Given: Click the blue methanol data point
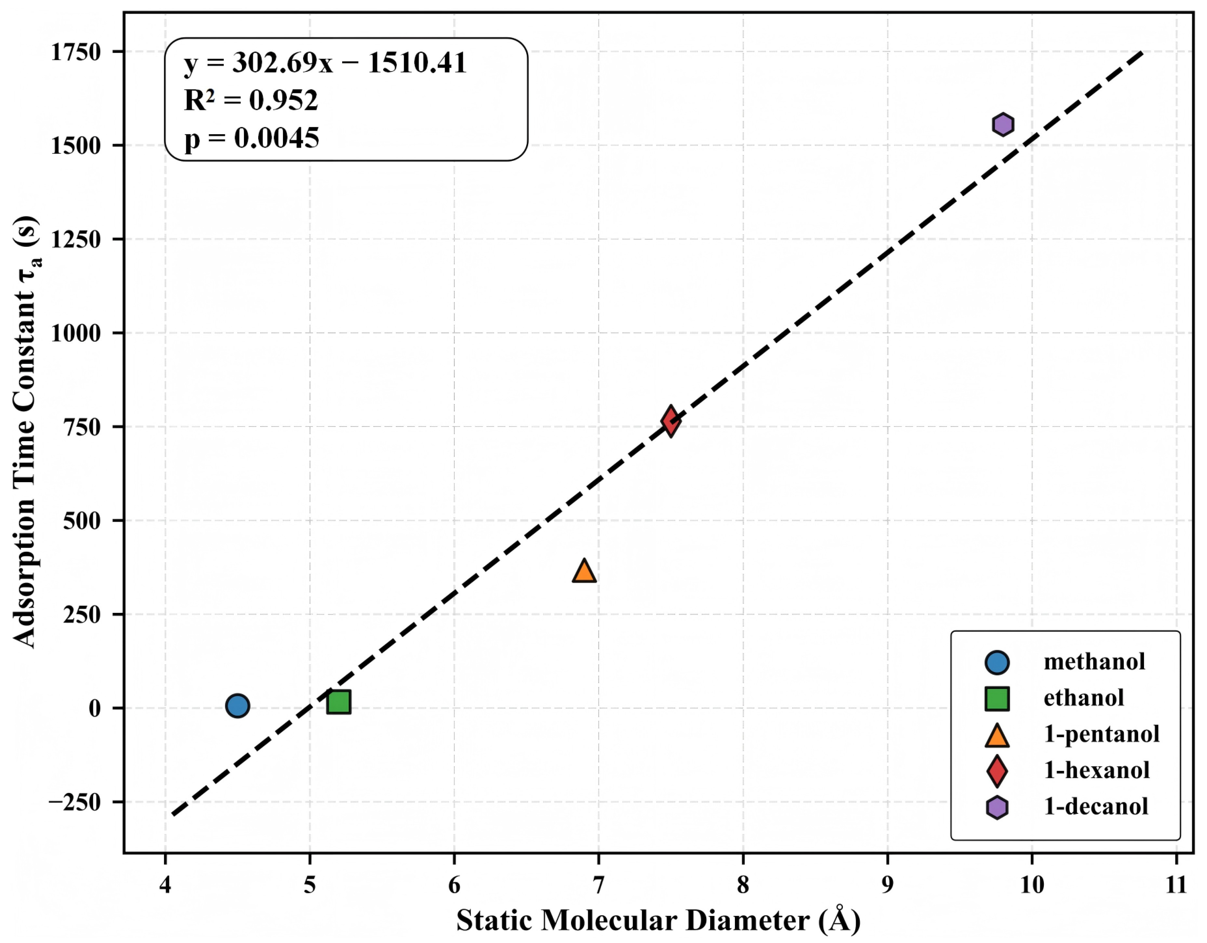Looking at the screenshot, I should [237, 706].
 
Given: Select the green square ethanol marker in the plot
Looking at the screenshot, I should [338, 702].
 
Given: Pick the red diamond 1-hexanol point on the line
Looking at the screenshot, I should [670, 421].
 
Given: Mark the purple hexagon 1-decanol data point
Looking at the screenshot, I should [1002, 124].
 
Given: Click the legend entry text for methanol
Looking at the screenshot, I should [1094, 662].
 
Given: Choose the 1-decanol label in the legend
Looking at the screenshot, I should [1095, 807].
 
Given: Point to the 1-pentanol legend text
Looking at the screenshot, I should [1101, 734].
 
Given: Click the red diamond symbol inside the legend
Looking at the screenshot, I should [997, 771].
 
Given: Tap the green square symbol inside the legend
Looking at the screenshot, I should [997, 698].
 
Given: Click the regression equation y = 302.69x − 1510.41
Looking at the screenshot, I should [325, 63].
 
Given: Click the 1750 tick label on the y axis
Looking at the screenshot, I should [76, 53].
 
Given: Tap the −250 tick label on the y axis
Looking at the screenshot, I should [75, 802].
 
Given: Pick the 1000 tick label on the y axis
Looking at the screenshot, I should [76, 333].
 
